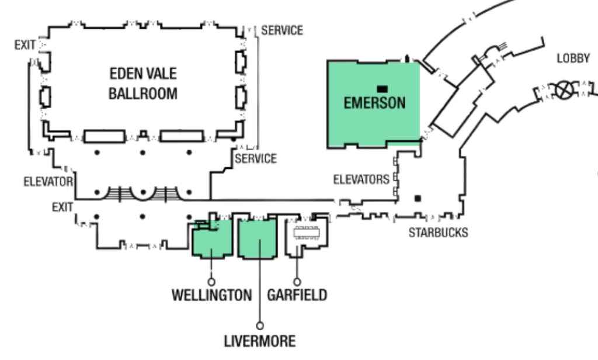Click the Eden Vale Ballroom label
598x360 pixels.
143,83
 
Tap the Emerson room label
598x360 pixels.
374,103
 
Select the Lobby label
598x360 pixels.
573,58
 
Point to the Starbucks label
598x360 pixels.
438,233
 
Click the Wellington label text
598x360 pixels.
211,295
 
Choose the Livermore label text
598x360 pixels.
260,341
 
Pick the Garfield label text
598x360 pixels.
297,295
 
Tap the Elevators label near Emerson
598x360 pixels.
361,179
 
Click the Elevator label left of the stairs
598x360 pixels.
48,182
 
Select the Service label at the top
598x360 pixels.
282,30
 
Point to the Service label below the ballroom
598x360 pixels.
256,158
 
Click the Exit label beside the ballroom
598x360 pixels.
25,45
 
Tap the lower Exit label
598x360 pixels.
62,207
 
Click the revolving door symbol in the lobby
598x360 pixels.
564,90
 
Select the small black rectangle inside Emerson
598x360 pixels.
382,89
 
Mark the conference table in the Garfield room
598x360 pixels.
306,233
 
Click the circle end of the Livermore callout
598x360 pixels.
260,326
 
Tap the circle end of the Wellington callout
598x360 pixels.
211,282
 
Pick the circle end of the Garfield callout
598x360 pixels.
297,282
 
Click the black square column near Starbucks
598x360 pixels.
418,199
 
